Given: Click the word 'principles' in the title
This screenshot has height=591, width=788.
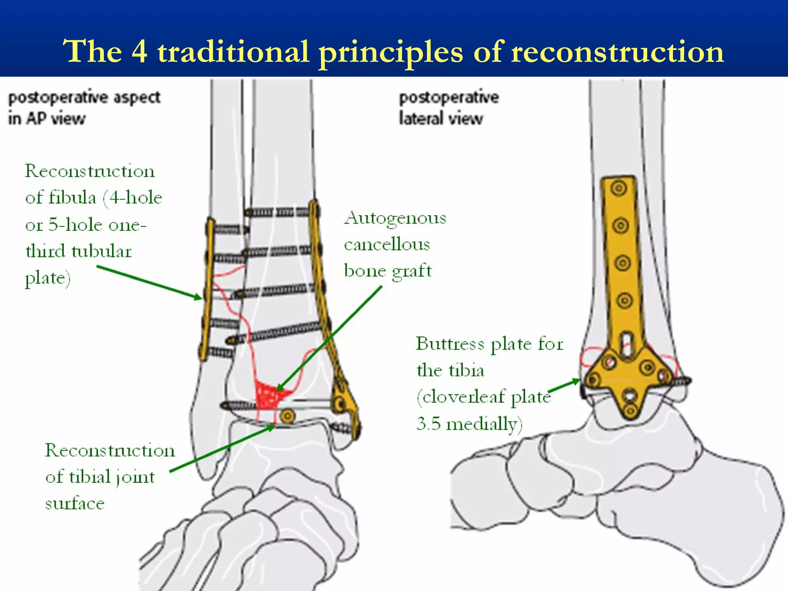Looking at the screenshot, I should tap(391, 52).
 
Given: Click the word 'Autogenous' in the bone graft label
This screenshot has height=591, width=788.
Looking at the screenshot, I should tap(395, 219).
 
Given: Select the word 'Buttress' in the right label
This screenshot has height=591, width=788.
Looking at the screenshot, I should tap(450, 344).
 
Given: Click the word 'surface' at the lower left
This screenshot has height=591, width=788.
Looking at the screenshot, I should tap(75, 503).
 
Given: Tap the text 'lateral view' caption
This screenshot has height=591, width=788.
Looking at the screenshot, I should tap(441, 118).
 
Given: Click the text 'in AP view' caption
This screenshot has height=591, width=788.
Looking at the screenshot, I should tap(47, 118).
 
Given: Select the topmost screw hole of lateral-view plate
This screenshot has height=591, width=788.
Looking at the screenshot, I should tap(619, 189).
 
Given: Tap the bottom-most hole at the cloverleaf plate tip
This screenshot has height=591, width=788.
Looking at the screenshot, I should tap(630, 411).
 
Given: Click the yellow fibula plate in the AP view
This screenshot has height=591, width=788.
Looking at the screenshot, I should tap(208, 289).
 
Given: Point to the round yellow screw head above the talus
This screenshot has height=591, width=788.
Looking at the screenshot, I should tap(287, 416).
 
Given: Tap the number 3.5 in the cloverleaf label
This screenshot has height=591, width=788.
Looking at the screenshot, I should tap(428, 424).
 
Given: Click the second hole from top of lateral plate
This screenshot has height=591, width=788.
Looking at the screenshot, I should tap(620, 225).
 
